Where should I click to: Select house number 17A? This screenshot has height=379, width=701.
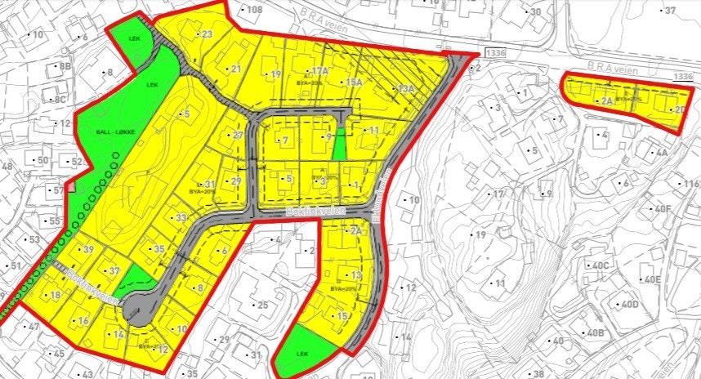coord(320,72)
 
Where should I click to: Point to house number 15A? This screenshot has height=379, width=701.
coord(354,82)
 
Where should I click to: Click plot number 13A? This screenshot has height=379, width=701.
coord(406,88)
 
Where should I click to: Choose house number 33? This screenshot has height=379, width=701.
coord(181,217)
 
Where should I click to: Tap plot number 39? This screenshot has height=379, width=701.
coord(87,249)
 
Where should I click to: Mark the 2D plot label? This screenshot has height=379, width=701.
coord(680,109)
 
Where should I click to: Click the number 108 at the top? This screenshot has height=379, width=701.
coord(254,10)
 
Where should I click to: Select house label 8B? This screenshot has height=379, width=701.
coord(65,65)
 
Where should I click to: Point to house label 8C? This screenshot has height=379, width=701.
coord(60,99)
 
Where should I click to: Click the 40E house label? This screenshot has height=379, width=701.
coord(652,279)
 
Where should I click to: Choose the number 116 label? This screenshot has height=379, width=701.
coord(691,185)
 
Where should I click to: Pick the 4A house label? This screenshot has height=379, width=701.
coord(662,152)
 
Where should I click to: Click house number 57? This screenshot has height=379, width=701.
coord(58,190)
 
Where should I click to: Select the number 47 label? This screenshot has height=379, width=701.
coord(33,326)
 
